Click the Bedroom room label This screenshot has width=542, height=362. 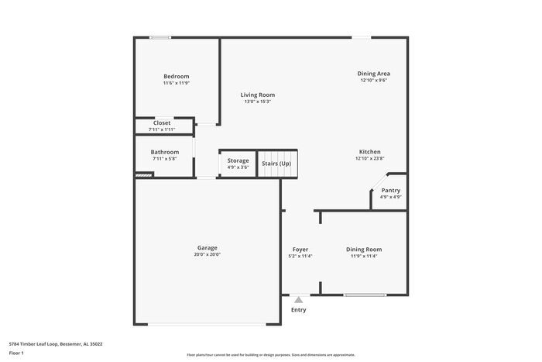[176, 76]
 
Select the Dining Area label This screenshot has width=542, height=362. [372, 73]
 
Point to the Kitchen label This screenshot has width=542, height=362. [369, 151]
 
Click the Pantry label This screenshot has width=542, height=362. [390, 190]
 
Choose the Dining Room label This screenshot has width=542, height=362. [363, 249]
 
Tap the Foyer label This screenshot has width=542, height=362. [300, 249]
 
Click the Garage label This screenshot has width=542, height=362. [207, 247]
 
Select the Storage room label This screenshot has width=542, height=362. [238, 160]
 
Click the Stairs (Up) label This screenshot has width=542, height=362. [276, 164]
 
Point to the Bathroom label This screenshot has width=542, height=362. [164, 152]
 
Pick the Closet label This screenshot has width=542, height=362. [162, 122]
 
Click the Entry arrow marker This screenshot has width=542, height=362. [298, 298]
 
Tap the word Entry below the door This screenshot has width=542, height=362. [298, 310]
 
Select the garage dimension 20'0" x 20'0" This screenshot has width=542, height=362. [207, 254]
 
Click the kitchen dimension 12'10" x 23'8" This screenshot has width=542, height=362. [369, 158]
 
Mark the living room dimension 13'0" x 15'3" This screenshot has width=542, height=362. [257, 102]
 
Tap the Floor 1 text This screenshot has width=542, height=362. [16, 353]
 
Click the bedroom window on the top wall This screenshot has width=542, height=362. [160, 37]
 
